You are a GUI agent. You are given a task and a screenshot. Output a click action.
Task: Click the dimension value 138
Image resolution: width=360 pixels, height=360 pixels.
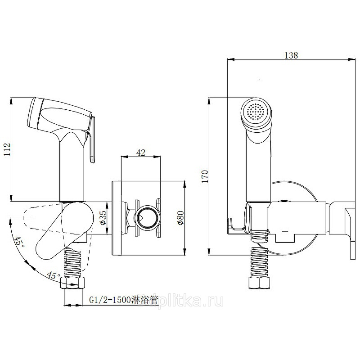tap(291, 55)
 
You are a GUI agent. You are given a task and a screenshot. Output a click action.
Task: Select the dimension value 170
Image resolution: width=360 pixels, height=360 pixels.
tap(205, 176)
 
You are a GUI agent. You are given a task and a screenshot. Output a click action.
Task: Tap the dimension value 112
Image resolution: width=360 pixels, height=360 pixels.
tap(7, 149)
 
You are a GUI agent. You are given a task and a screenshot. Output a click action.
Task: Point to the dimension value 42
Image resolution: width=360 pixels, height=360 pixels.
tap(141, 153)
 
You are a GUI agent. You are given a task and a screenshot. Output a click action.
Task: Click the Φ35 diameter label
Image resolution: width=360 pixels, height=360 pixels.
tap(103, 217)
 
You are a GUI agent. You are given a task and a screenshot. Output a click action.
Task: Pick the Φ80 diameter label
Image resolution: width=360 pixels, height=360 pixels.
tap(180, 218)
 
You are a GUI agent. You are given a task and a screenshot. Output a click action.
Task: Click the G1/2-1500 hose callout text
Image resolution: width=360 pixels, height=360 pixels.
tap(124, 300)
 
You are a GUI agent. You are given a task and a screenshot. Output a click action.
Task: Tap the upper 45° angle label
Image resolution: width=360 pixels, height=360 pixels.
tap(19, 243)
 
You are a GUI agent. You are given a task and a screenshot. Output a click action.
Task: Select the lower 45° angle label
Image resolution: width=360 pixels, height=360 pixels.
tap(54, 275)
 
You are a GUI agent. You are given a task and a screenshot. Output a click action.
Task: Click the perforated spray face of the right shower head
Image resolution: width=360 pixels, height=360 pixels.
tap(255, 112)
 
